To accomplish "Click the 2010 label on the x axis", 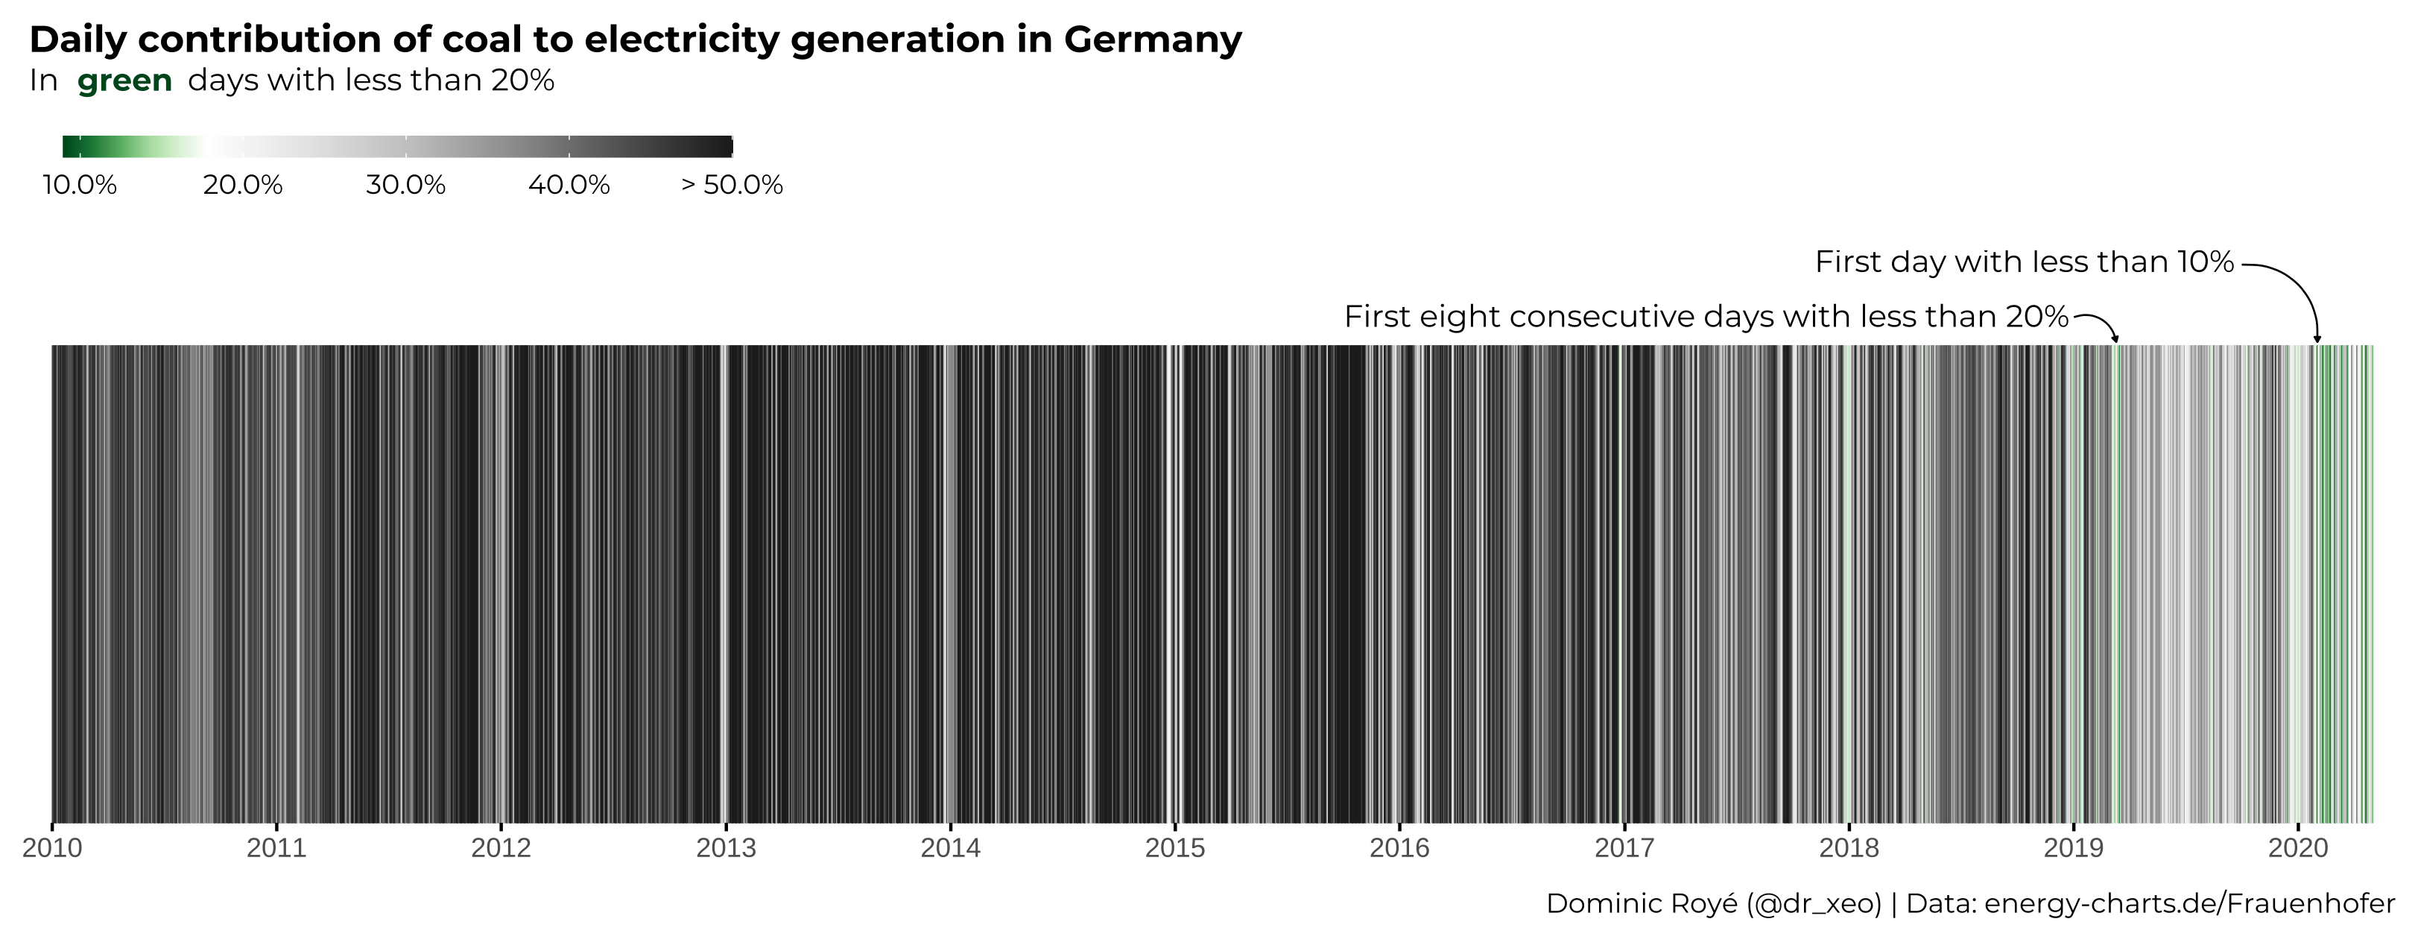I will click(52, 848).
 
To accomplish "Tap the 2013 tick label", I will click(726, 848).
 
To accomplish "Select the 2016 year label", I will click(1399, 848).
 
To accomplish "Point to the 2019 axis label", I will click(2074, 848).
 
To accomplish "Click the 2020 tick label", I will click(2298, 848).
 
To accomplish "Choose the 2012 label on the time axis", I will click(501, 848).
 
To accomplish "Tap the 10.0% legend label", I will click(80, 185).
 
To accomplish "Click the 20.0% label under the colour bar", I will click(243, 185).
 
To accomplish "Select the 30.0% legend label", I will click(405, 185).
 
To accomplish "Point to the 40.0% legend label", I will click(568, 185).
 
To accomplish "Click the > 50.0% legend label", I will click(731, 185).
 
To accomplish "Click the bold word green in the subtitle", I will click(124, 80).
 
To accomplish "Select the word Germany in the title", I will click(1152, 40).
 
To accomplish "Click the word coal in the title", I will click(483, 40).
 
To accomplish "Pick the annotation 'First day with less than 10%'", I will click(2024, 262).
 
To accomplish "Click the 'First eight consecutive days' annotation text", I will click(1706, 317).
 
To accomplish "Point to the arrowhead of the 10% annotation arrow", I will click(2317, 338).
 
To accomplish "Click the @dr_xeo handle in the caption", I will click(1814, 903).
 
